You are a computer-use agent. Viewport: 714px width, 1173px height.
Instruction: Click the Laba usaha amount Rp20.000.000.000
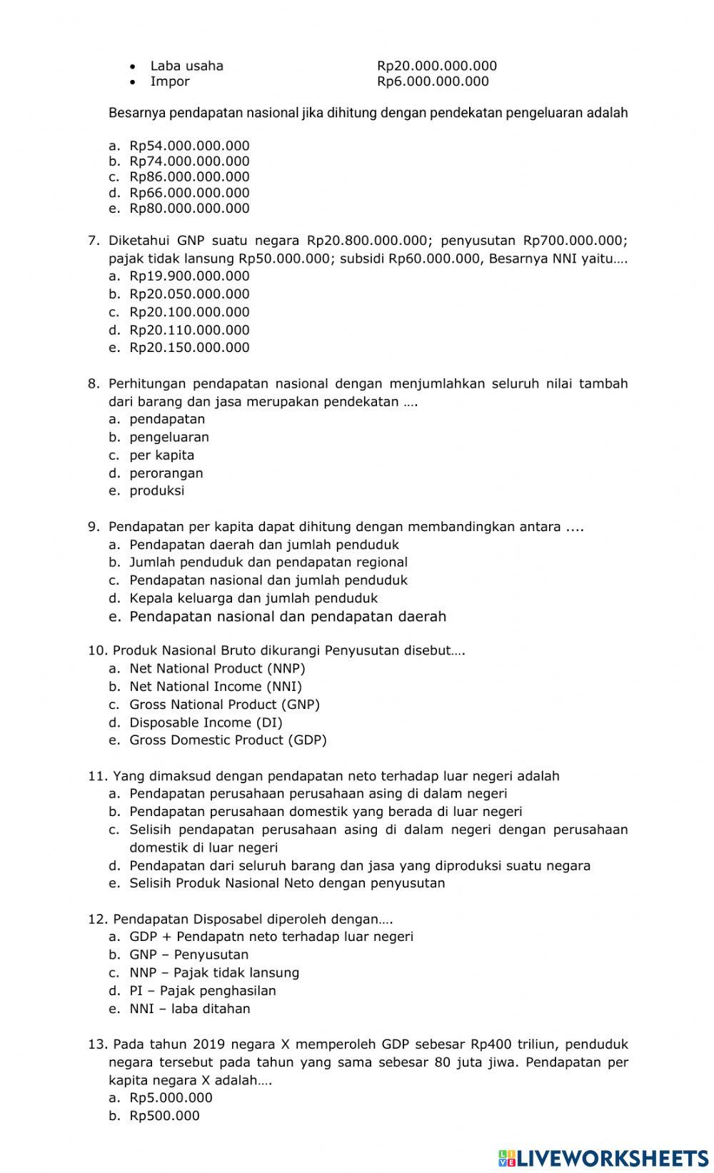coord(437,66)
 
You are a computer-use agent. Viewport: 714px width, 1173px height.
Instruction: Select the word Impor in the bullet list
coord(170,81)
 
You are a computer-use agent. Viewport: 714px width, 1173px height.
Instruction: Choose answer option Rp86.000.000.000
coord(189,177)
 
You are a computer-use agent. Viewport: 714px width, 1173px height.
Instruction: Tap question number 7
coord(94,241)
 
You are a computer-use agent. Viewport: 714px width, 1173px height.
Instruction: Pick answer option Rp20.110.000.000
coord(189,330)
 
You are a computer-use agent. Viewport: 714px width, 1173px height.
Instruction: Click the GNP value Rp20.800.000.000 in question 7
coord(367,241)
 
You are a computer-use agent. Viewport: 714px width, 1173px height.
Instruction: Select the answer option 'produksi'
coord(156,490)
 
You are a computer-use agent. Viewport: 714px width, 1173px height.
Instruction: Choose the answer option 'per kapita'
coord(161,455)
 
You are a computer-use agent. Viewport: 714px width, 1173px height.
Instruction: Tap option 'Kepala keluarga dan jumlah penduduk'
coord(253,598)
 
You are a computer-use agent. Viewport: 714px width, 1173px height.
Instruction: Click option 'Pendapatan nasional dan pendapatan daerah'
coord(287,616)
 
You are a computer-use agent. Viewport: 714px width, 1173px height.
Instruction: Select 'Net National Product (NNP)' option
coord(217,669)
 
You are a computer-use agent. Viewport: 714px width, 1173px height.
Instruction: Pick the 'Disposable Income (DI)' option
coord(206,723)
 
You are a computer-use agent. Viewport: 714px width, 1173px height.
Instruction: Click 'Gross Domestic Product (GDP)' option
coord(228,740)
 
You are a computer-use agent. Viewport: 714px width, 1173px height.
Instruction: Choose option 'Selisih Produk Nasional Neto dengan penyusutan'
coord(287,883)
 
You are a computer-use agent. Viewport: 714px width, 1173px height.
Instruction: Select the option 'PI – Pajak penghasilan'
coord(202,991)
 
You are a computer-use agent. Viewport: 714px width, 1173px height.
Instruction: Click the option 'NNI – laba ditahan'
coord(189,1009)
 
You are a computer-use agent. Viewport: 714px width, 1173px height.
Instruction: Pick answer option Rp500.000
coord(164,1116)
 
